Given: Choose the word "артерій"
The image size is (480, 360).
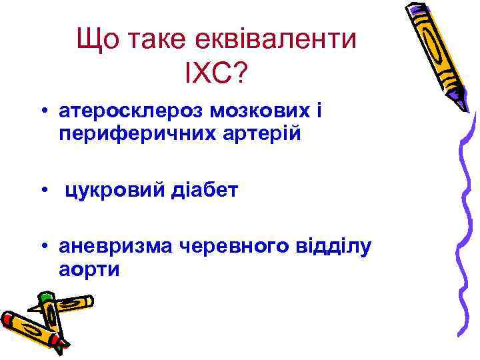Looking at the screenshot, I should pos(256,134).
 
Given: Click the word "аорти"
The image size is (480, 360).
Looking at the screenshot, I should pos(89,271).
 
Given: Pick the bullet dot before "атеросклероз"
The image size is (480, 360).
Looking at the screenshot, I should pos(43,111).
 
